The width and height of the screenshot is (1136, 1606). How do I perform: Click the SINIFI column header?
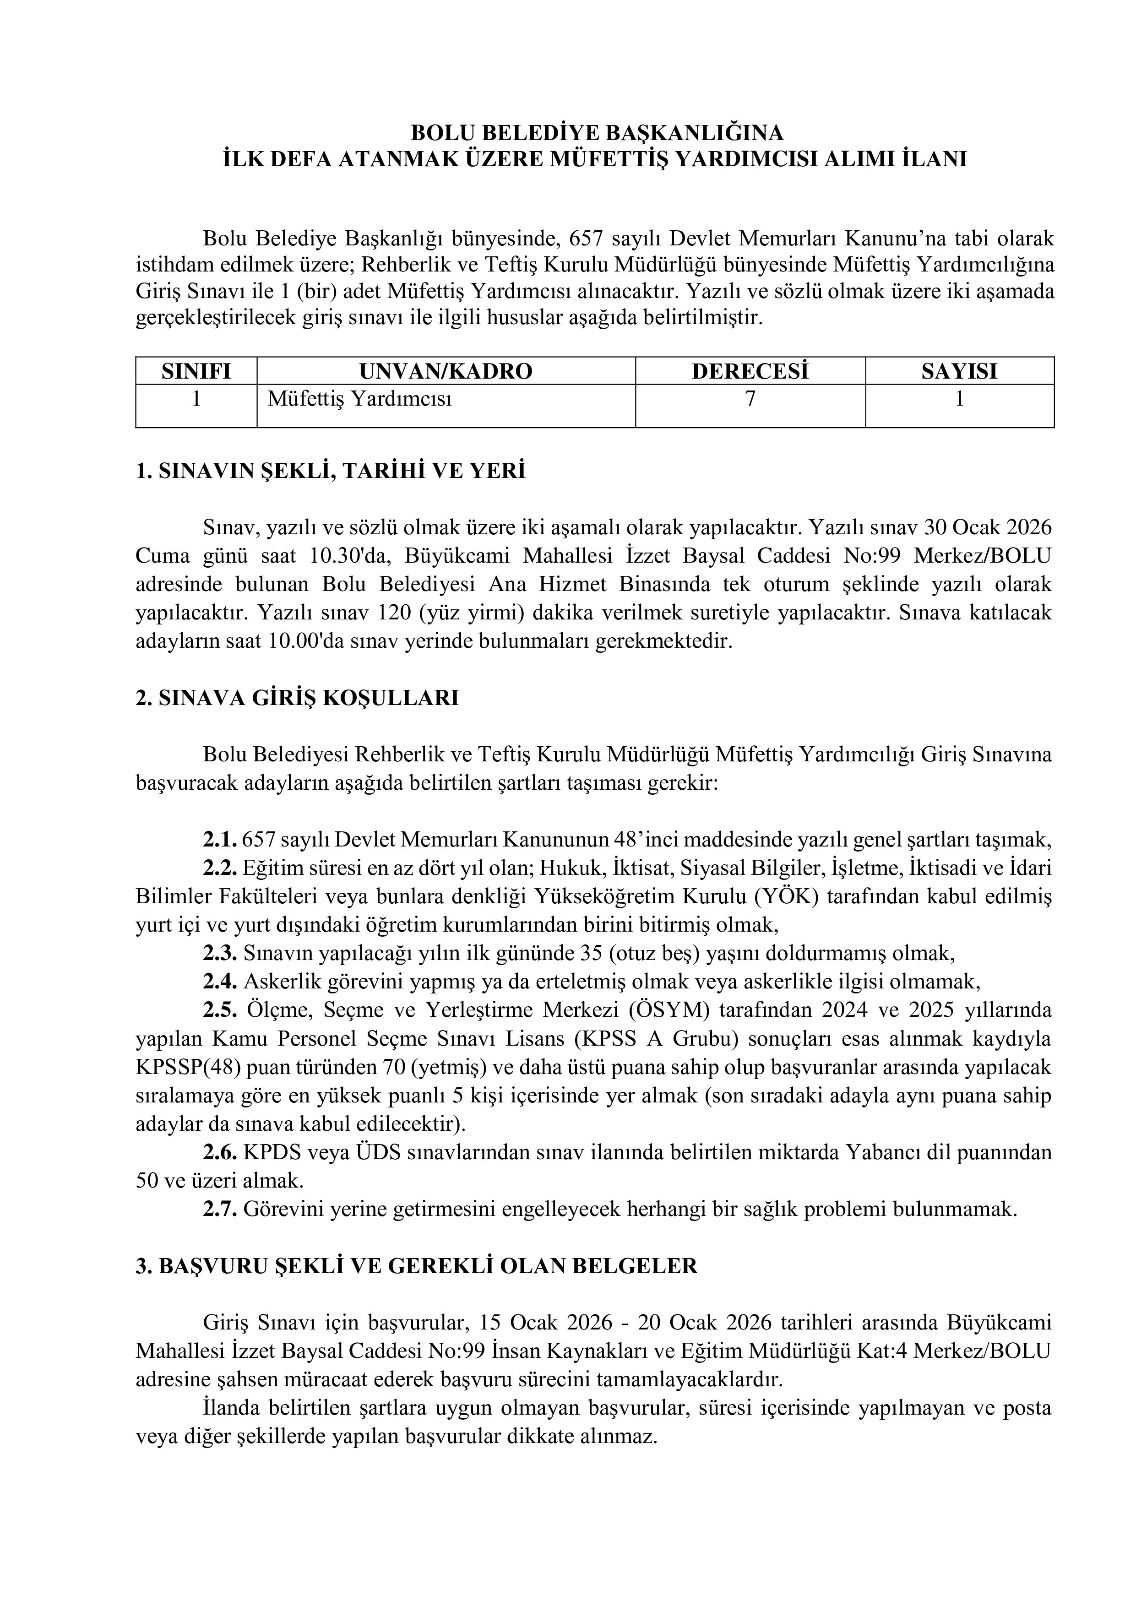196,371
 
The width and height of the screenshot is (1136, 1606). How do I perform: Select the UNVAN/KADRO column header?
446,371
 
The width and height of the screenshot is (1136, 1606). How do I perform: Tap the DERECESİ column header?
750,371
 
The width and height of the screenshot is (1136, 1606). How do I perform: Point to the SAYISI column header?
959,371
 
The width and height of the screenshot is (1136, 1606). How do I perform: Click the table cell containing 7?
750,399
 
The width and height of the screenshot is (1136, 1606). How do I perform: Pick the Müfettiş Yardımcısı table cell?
359,399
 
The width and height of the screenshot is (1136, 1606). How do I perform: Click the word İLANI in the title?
934,159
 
